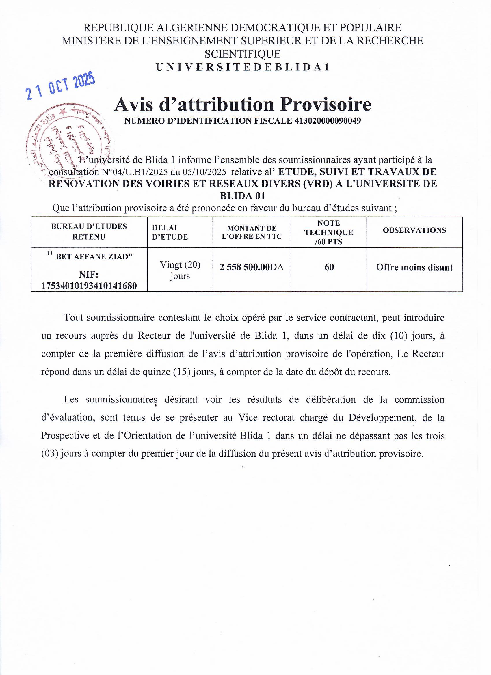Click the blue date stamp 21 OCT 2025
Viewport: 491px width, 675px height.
point(60,86)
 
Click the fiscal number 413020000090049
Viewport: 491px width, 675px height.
point(328,121)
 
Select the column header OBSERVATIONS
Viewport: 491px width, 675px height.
point(414,230)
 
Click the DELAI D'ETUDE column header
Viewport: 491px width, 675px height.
point(170,232)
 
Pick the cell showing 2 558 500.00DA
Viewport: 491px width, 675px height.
point(252,267)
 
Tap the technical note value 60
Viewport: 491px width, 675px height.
point(329,267)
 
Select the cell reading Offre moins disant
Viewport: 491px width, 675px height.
point(414,267)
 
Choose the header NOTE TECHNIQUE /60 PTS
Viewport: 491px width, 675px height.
point(328,232)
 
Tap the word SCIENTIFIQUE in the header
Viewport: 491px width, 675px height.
point(242,54)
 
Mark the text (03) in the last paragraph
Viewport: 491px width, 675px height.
point(49,454)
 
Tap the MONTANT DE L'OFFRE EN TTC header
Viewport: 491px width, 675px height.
point(252,232)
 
